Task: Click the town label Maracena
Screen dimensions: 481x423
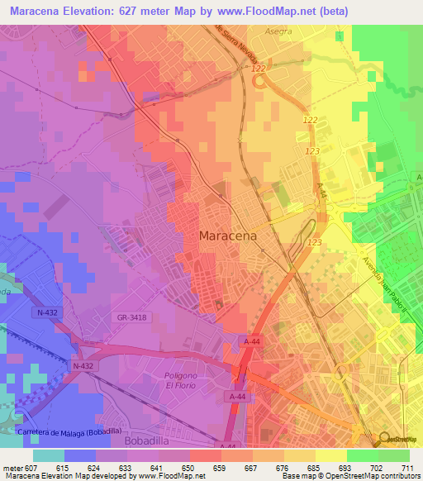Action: (228, 236)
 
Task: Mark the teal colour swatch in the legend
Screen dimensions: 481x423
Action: (49, 455)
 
